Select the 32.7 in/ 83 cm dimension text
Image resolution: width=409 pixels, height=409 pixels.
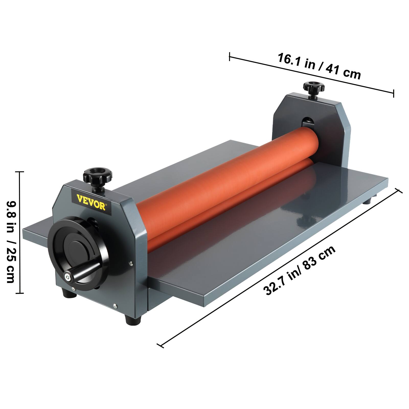click(x=299, y=271)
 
